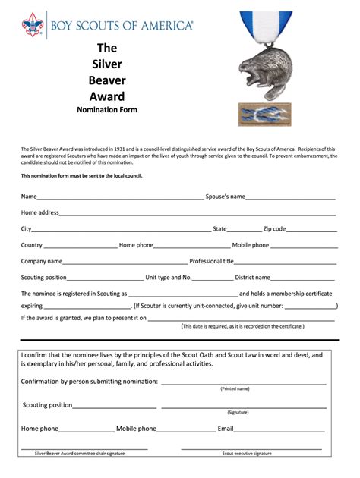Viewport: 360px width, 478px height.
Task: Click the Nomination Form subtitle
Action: click(x=106, y=110)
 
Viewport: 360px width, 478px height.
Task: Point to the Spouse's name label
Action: click(x=225, y=197)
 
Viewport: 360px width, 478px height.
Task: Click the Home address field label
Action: click(x=40, y=212)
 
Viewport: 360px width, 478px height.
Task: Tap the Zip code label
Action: click(x=274, y=228)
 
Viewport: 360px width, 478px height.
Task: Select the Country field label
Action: click(x=32, y=245)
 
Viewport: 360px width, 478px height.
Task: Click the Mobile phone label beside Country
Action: click(x=250, y=245)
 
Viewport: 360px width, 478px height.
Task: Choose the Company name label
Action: click(x=41, y=261)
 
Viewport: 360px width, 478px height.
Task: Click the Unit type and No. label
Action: click(x=173, y=278)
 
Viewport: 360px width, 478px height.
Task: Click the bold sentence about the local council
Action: click(x=81, y=175)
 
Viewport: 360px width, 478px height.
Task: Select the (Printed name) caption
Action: click(x=235, y=388)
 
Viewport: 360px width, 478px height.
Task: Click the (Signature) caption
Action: click(x=238, y=412)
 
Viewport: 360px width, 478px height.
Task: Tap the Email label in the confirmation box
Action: click(x=226, y=429)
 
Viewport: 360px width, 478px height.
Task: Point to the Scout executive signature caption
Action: click(x=247, y=453)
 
